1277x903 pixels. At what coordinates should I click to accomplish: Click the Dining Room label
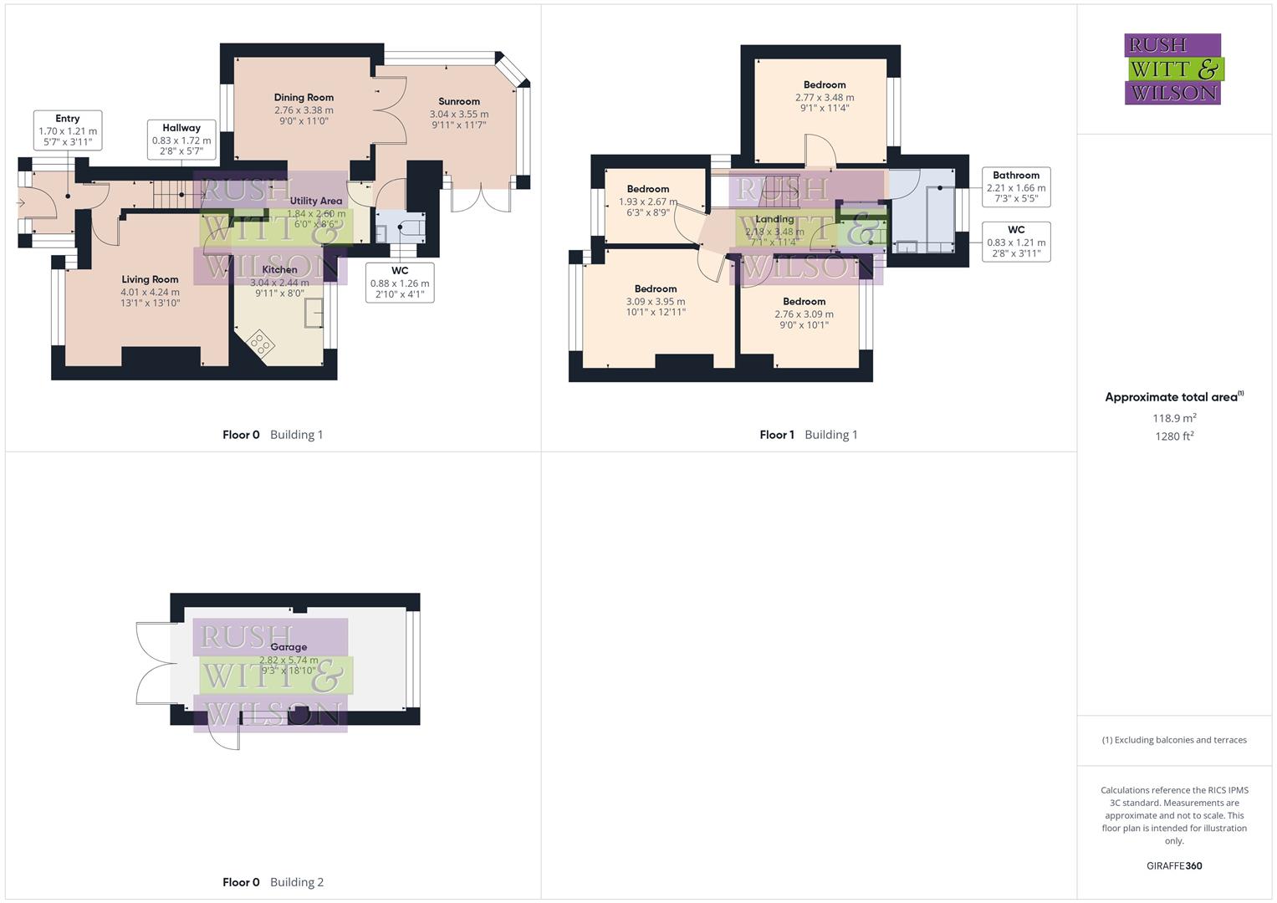click(x=304, y=98)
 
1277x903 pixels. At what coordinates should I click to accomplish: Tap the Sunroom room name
click(x=459, y=101)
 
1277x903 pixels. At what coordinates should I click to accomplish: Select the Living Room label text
click(x=150, y=279)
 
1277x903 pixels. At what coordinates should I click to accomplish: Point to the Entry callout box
click(x=68, y=130)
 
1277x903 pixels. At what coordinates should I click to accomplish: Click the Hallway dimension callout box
click(x=181, y=140)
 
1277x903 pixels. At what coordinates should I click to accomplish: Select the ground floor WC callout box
click(x=400, y=283)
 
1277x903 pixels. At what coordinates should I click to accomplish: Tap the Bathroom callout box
click(x=1016, y=186)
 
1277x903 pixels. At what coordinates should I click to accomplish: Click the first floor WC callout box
click(x=1016, y=242)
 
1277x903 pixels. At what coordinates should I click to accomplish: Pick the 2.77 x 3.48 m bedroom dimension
click(x=825, y=98)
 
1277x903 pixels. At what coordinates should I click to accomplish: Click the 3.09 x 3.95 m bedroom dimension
click(x=656, y=302)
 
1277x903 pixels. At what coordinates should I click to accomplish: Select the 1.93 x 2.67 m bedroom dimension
click(x=648, y=202)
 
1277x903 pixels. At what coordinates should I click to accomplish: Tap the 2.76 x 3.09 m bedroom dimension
click(x=804, y=314)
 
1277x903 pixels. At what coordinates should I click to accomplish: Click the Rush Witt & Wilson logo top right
click(x=1173, y=69)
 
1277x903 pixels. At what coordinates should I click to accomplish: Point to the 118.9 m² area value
click(x=1174, y=418)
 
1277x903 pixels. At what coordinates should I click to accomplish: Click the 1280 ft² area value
click(x=1174, y=436)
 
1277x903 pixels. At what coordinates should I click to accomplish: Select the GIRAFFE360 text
click(x=1174, y=866)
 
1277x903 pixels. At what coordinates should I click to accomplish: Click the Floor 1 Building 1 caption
click(x=808, y=435)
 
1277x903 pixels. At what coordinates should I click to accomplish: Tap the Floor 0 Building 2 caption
click(x=273, y=882)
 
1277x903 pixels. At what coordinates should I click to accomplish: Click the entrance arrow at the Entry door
click(x=22, y=203)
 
